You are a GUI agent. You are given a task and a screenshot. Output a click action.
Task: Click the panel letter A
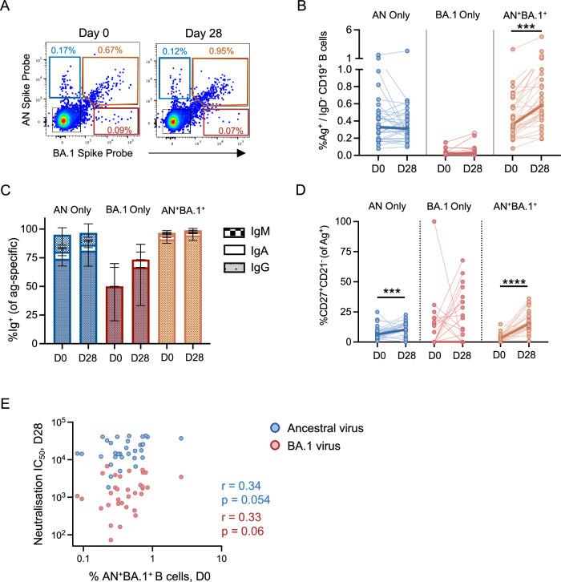(8, 8)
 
